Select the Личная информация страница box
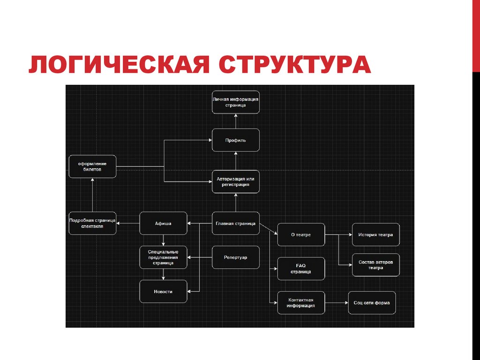[235, 102]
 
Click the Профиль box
[235, 140]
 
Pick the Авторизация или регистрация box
[235, 181]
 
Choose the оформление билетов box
[92, 166]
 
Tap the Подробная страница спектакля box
[92, 223]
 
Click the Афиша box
[163, 223]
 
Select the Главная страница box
[235, 223]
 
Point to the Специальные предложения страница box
[163, 257]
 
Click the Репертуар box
[235, 257]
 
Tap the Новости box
[163, 292]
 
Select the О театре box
[301, 234]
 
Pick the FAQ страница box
[301, 269]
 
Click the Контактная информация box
[301, 303]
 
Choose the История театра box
[375, 234]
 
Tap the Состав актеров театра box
[375, 265]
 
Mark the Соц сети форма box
[372, 303]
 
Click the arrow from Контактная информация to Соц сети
[336, 303]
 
